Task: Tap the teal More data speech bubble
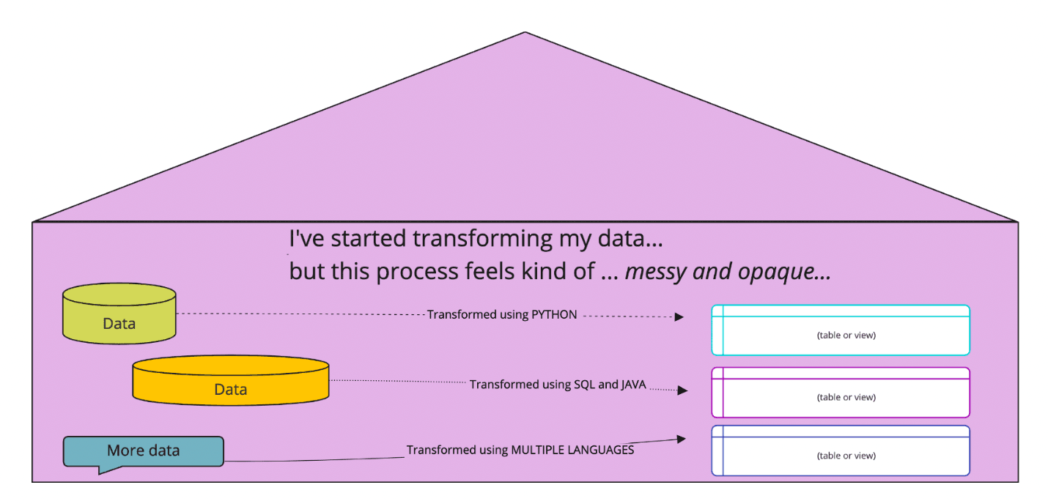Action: pos(143,451)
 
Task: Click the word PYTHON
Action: pos(554,314)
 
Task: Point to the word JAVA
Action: pos(633,384)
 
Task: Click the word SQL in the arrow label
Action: pos(586,384)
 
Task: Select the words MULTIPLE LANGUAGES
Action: pos(572,450)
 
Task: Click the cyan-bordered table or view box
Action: pos(841,330)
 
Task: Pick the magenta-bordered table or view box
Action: pos(841,393)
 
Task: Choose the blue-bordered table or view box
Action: pos(841,451)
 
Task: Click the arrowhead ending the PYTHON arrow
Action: pos(679,317)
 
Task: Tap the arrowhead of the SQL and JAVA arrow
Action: pos(682,390)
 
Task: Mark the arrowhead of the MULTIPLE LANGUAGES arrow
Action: pos(682,439)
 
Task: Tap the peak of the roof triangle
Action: pos(525,34)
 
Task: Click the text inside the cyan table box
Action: pos(846,336)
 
